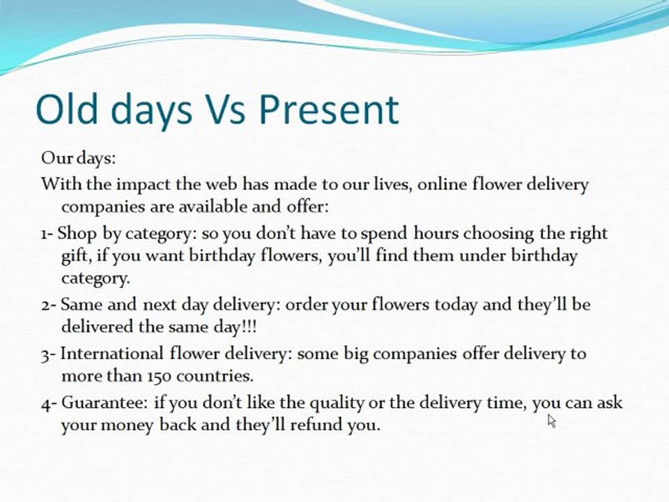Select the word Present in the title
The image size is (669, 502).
[x=329, y=109]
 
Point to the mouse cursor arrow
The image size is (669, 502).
[x=552, y=421]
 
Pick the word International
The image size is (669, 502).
[x=111, y=353]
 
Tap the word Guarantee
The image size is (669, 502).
[x=105, y=402]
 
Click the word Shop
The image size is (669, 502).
[x=77, y=234]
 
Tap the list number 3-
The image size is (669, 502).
[x=48, y=355]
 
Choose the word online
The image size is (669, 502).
[x=442, y=184]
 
